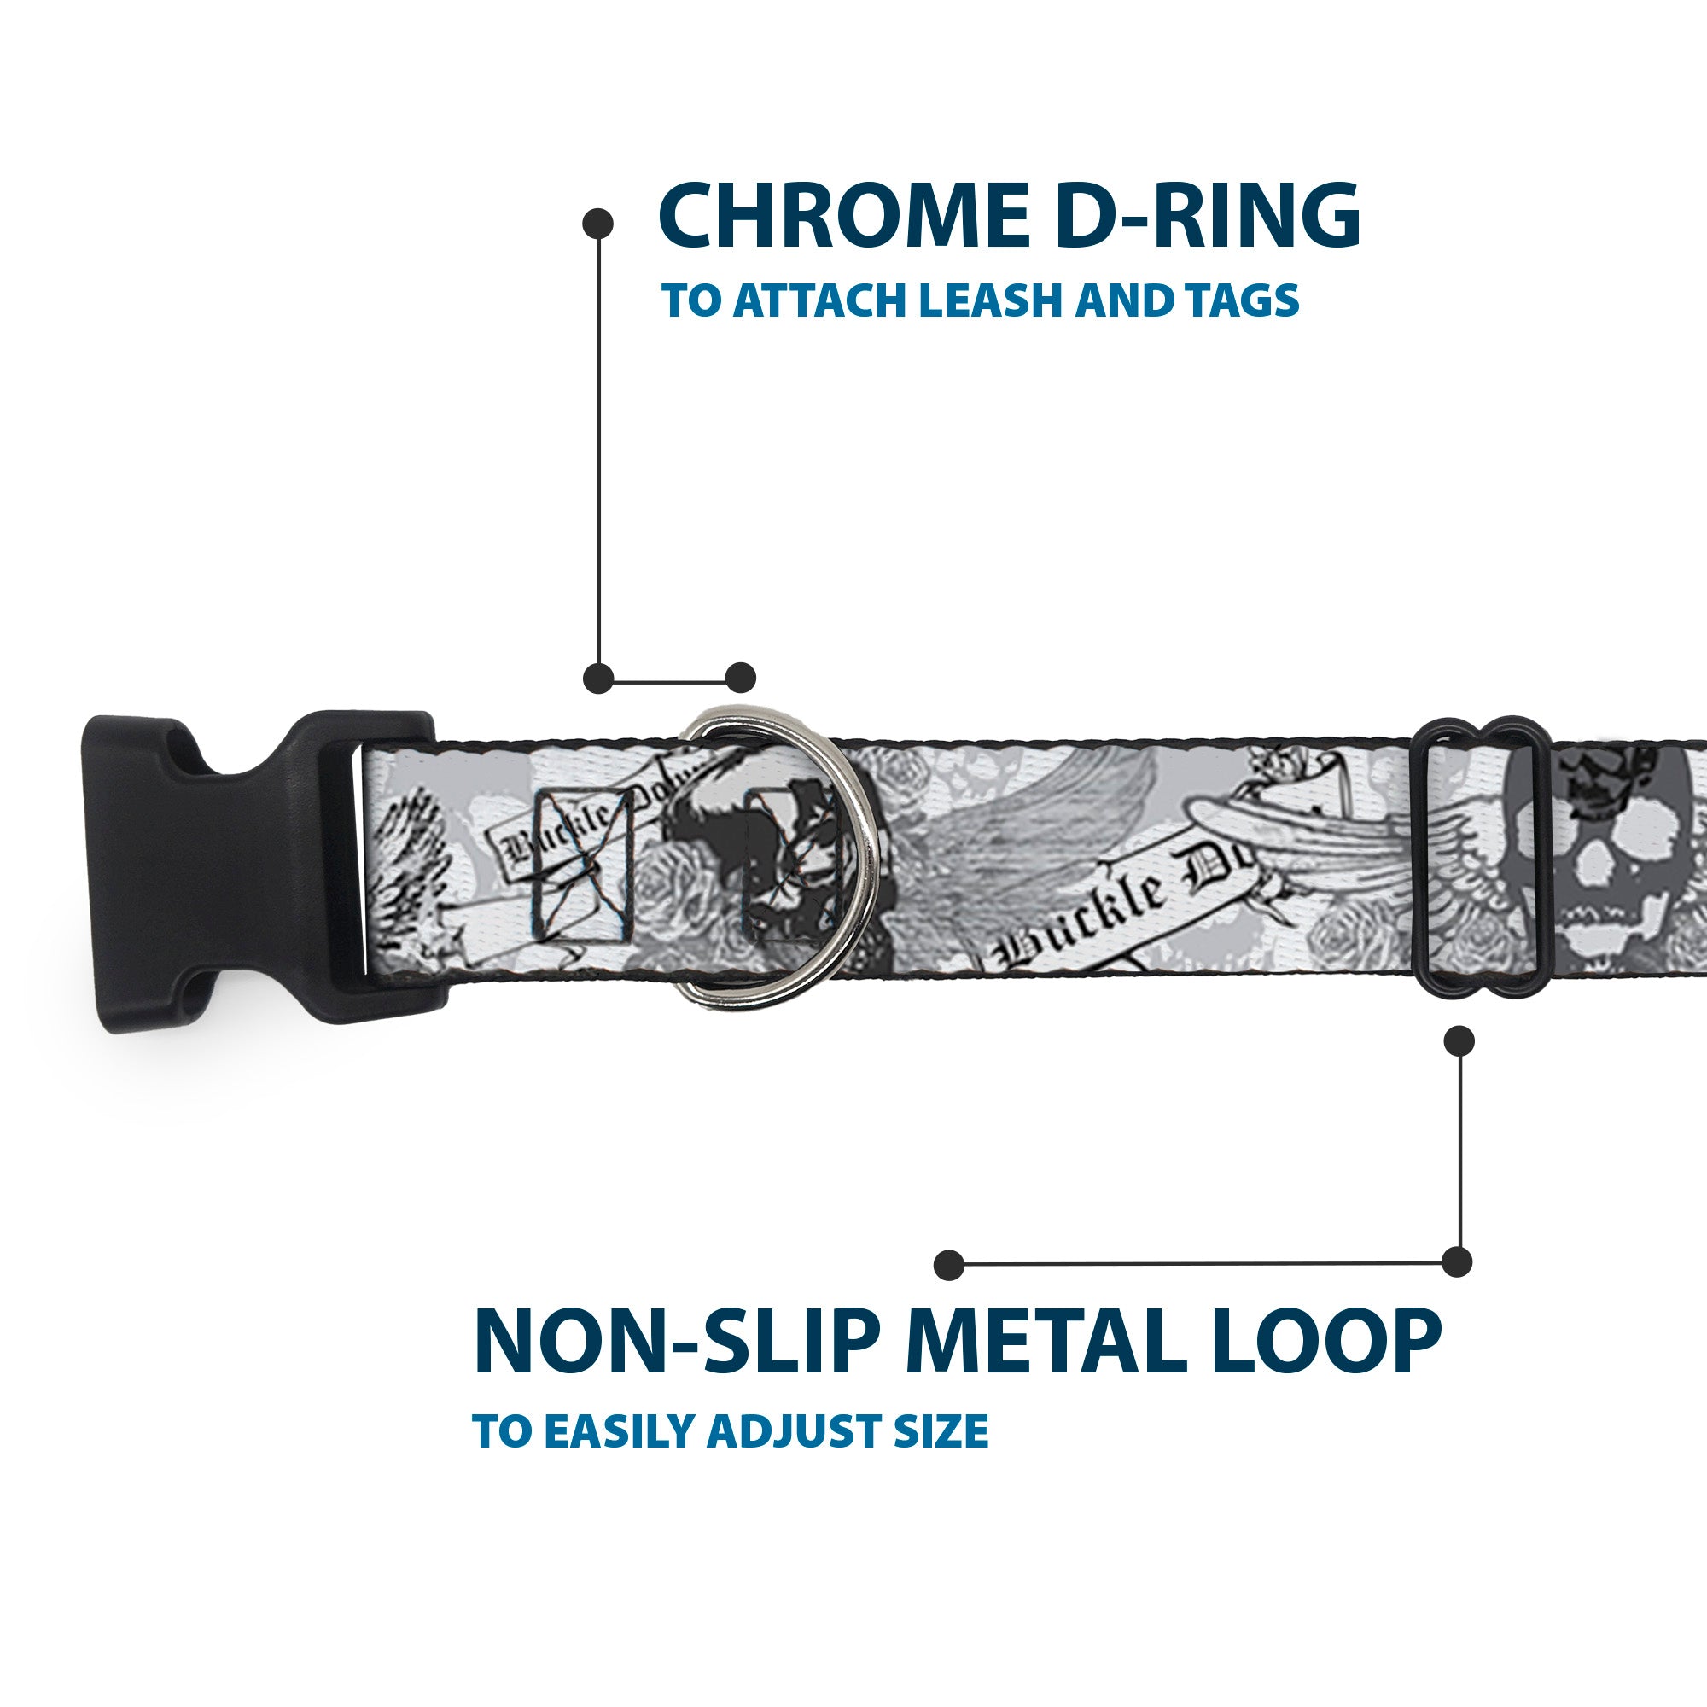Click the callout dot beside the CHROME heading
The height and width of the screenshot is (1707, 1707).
[599, 223]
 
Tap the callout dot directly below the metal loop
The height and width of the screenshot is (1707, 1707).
[1458, 1040]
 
